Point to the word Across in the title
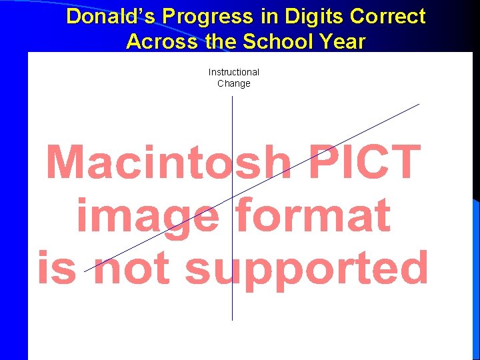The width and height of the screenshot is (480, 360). click(159, 41)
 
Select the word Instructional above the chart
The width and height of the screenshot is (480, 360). click(233, 72)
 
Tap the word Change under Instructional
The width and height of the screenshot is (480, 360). click(233, 83)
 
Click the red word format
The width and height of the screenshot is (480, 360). click(313, 215)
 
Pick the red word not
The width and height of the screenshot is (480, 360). click(131, 268)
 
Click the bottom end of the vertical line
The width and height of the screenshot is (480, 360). click(232, 321)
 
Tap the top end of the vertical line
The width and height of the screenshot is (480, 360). click(232, 97)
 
